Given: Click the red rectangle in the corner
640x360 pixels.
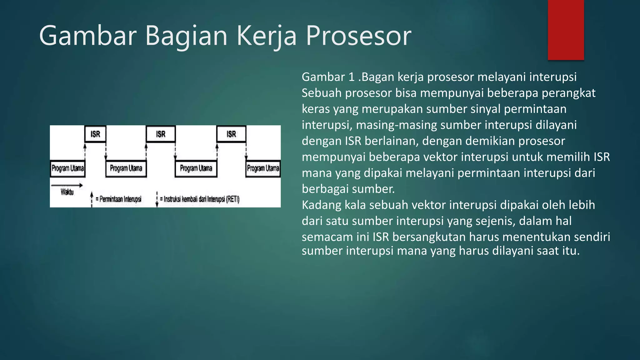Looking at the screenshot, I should click(566, 30).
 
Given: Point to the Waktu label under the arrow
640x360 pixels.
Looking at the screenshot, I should click(67, 192).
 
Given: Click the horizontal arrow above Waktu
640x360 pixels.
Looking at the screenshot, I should click(67, 185).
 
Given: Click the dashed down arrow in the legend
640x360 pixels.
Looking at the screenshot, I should click(157, 199).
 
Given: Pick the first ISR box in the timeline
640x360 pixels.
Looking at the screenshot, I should click(95, 134).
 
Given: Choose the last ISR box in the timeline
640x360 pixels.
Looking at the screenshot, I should click(231, 134).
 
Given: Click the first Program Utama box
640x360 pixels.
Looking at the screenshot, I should click(67, 168).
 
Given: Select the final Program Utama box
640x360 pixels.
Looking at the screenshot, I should click(263, 168).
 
